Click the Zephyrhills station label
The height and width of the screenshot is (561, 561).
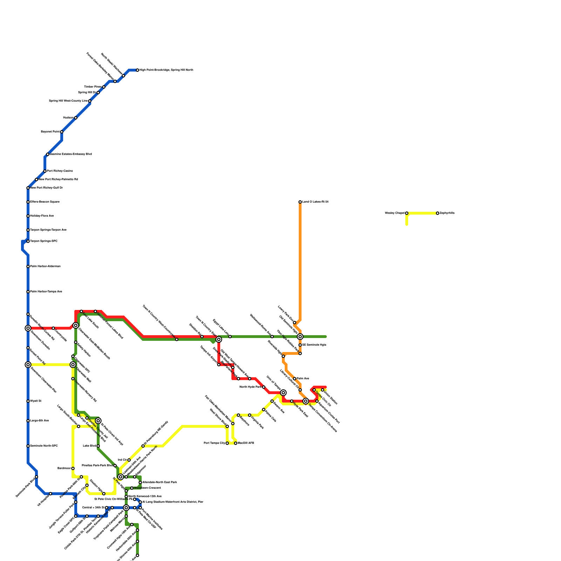[x=447, y=213]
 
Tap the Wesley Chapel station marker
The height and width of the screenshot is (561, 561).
[x=407, y=213]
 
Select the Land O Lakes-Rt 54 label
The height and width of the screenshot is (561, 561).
[x=315, y=202]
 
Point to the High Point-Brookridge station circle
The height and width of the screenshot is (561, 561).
[x=137, y=70]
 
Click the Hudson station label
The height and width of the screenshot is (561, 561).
[x=68, y=118]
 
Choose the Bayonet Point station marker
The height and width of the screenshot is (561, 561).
[x=62, y=132]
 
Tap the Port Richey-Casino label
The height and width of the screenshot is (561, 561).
[x=60, y=171]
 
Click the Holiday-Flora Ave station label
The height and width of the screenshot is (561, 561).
[x=42, y=216]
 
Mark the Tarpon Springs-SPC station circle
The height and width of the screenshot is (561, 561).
[x=28, y=241]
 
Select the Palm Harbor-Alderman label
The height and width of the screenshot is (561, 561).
[x=45, y=266]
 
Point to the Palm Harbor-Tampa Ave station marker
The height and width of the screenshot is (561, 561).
[x=28, y=292]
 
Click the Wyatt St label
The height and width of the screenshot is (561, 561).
[x=36, y=401]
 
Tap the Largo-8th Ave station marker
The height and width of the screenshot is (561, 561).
[x=28, y=421]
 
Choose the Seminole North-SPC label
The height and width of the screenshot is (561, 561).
[x=44, y=446]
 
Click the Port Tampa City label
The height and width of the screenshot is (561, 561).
[x=214, y=443]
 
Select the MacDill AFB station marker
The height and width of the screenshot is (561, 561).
[x=236, y=443]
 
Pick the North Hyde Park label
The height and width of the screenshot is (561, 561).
[x=250, y=387]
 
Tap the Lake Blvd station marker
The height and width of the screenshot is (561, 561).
[x=98, y=446]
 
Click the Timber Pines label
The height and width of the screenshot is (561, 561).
[x=93, y=87]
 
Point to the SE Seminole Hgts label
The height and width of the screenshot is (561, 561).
[x=314, y=345]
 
